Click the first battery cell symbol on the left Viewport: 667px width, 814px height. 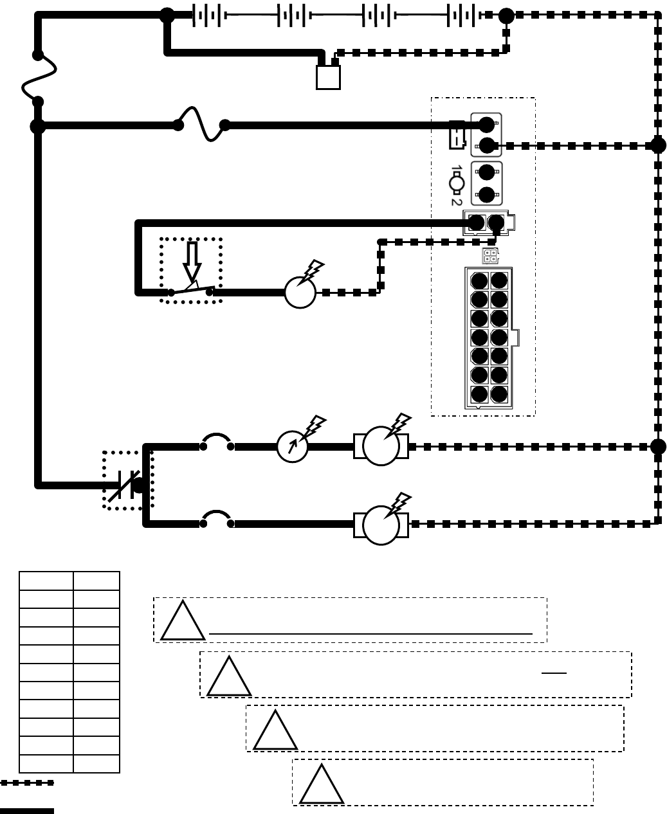207,15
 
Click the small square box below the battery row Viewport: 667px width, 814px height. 328,77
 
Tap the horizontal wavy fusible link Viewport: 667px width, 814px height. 201,124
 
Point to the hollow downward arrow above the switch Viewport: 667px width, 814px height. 192,260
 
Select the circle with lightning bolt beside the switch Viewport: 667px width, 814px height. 300,293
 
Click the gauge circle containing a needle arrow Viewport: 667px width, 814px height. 293,446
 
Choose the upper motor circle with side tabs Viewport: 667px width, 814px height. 381,446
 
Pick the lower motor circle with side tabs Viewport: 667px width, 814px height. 381,525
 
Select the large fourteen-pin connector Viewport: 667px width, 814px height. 489,338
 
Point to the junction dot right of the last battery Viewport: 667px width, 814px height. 507,15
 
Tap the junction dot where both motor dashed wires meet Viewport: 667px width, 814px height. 658,446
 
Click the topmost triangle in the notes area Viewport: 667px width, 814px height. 183,622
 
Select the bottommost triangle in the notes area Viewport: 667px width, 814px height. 322,785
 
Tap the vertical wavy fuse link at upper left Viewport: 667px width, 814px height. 39,78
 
